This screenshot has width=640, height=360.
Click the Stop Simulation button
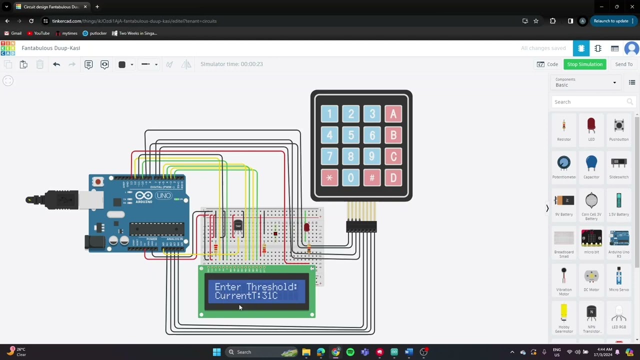coord(584,64)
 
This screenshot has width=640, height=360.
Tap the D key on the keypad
coord(393,177)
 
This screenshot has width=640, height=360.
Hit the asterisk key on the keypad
coord(329,177)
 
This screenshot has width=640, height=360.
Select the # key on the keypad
coord(372,177)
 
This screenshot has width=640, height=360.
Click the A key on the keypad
coord(393,114)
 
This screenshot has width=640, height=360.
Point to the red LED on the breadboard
coord(306,227)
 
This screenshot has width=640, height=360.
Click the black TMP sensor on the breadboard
coord(238,226)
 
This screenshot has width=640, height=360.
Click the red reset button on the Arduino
coord(98,181)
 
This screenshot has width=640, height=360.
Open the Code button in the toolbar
coord(547,64)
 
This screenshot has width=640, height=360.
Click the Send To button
coord(623,64)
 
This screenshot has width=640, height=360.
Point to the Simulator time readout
coord(231,64)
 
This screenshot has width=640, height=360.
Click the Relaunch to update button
coord(610,21)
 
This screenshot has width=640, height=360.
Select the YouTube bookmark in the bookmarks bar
coord(38,33)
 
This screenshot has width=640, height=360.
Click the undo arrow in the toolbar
coord(56,64)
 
